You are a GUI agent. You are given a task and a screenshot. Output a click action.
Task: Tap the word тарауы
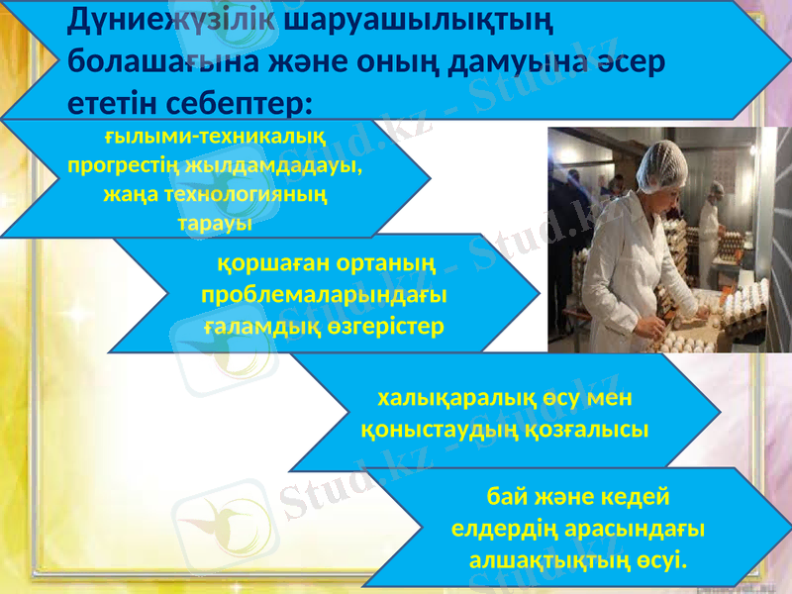point(214,223)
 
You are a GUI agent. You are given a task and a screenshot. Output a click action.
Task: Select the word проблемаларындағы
point(323,295)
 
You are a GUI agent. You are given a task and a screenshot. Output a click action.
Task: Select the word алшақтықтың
point(541,561)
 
